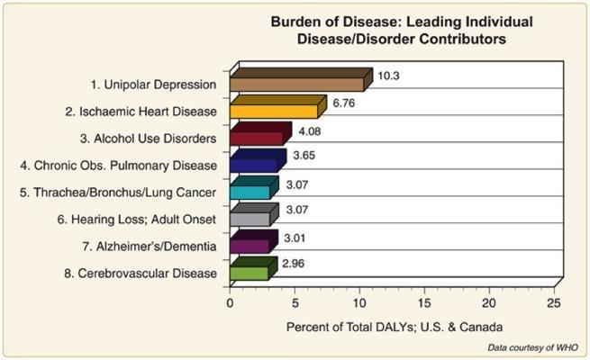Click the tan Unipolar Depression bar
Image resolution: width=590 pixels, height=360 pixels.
[x=297, y=85]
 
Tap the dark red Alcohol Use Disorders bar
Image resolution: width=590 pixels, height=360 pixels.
[x=257, y=139]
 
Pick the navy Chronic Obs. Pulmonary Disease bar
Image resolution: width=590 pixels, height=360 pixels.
[x=254, y=166]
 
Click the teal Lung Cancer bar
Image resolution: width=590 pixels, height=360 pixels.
[x=250, y=193]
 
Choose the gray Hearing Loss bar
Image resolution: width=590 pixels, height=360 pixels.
[x=250, y=219]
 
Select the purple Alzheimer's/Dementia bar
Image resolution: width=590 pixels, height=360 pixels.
[x=250, y=246]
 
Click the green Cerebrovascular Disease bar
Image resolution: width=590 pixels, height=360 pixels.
[x=250, y=273]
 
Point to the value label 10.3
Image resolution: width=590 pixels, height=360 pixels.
[x=389, y=75]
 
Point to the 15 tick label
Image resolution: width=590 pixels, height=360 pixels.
[x=424, y=303]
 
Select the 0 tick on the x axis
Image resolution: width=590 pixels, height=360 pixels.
[x=231, y=303]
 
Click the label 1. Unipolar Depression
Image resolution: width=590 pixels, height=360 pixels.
[x=154, y=85]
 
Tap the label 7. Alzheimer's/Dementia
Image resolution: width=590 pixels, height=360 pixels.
[x=159, y=246]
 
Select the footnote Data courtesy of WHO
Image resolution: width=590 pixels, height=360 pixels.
[x=529, y=346]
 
